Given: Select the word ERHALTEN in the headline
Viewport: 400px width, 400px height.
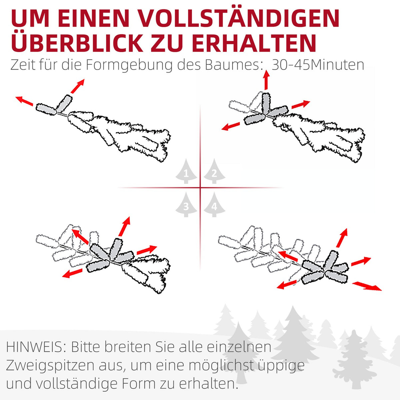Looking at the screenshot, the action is click(x=253, y=44).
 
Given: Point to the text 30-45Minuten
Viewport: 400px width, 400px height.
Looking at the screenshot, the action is click(x=318, y=65).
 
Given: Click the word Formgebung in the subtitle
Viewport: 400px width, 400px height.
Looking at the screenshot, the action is click(x=129, y=65).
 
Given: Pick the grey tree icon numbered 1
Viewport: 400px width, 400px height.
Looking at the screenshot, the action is click(x=186, y=171).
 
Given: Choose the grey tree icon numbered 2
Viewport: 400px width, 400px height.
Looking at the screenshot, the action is click(x=214, y=171).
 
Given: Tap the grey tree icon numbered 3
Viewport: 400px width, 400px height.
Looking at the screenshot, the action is click(x=186, y=204).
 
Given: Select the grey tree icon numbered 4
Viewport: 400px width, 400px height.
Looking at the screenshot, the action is click(x=214, y=204).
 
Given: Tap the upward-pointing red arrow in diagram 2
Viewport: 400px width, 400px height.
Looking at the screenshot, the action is click(x=266, y=80).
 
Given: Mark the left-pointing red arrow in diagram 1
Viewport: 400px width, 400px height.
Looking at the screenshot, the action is click(x=24, y=101).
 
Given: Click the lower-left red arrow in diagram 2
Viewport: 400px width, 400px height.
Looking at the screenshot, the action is click(x=231, y=126).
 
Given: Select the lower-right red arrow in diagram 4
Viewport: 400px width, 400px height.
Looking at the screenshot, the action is click(x=367, y=286).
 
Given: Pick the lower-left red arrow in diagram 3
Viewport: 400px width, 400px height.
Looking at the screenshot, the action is click(x=72, y=273).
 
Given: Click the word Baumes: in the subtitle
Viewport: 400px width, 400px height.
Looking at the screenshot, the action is click(x=232, y=65).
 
